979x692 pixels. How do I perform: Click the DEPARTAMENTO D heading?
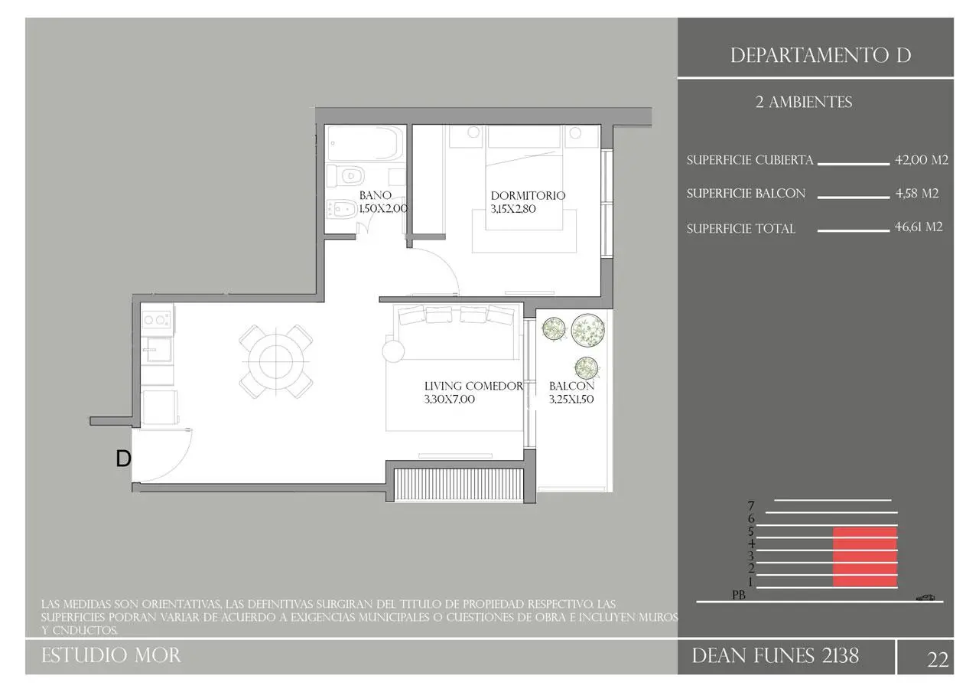click(821, 56)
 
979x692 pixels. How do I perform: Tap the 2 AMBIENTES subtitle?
click(804, 103)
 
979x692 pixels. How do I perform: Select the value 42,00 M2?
click(922, 160)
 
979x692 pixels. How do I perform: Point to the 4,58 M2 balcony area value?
click(917, 194)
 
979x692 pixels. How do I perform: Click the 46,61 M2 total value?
click(919, 227)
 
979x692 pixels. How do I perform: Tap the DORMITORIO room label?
click(528, 195)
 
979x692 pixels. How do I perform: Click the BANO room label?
click(375, 195)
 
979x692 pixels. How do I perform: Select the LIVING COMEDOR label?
click(473, 386)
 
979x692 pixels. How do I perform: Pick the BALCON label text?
click(571, 386)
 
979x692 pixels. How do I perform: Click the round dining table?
click(276, 361)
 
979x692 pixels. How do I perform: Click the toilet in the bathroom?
click(346, 176)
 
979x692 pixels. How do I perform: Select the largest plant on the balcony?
click(588, 330)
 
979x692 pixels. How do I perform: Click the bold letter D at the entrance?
click(123, 459)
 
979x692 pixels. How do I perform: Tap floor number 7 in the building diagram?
click(751, 506)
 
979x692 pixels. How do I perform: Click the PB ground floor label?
click(739, 596)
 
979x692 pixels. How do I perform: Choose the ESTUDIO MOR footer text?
click(111, 656)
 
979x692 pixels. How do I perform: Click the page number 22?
click(938, 660)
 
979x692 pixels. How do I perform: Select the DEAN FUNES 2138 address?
click(776, 656)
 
